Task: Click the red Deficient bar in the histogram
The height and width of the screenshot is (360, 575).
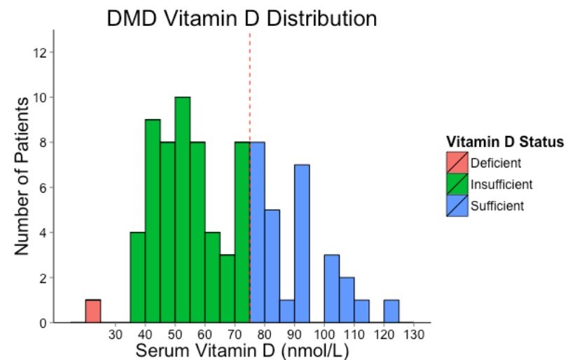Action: tap(93, 311)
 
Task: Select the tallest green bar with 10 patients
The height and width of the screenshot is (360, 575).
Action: tap(183, 210)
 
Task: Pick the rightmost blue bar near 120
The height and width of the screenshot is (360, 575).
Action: tap(392, 311)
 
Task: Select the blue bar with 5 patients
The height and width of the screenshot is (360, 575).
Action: tap(272, 266)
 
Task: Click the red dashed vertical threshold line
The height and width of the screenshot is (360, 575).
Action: tap(250, 84)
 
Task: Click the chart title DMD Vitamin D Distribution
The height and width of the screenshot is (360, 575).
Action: tap(242, 18)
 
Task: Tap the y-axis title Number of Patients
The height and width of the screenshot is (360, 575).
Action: tap(22, 175)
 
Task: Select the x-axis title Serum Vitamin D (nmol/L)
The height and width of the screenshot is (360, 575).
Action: tap(242, 349)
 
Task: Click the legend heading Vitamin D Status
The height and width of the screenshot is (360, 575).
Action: tap(505, 142)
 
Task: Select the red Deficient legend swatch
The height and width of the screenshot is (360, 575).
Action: tap(457, 163)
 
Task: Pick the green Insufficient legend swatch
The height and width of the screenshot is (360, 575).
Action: tap(457, 184)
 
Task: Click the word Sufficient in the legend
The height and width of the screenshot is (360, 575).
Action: tap(497, 205)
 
